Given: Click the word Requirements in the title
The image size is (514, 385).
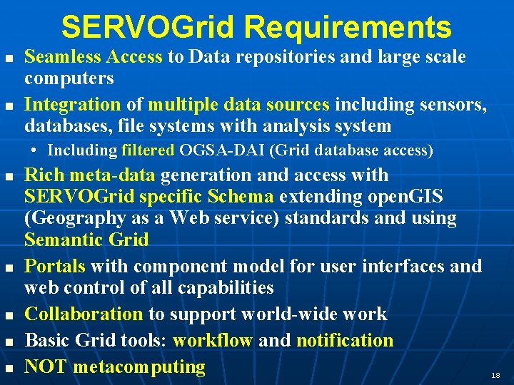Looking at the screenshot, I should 348,28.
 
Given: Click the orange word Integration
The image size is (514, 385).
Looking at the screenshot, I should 73,105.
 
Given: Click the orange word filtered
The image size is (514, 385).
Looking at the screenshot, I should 148,150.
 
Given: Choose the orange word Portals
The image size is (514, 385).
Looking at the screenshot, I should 55,267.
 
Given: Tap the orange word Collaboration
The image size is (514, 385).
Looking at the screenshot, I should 84,314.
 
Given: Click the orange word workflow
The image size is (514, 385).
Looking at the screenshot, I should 213,341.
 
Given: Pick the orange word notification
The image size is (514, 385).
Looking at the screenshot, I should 344,341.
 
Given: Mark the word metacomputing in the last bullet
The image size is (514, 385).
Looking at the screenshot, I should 139,368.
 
